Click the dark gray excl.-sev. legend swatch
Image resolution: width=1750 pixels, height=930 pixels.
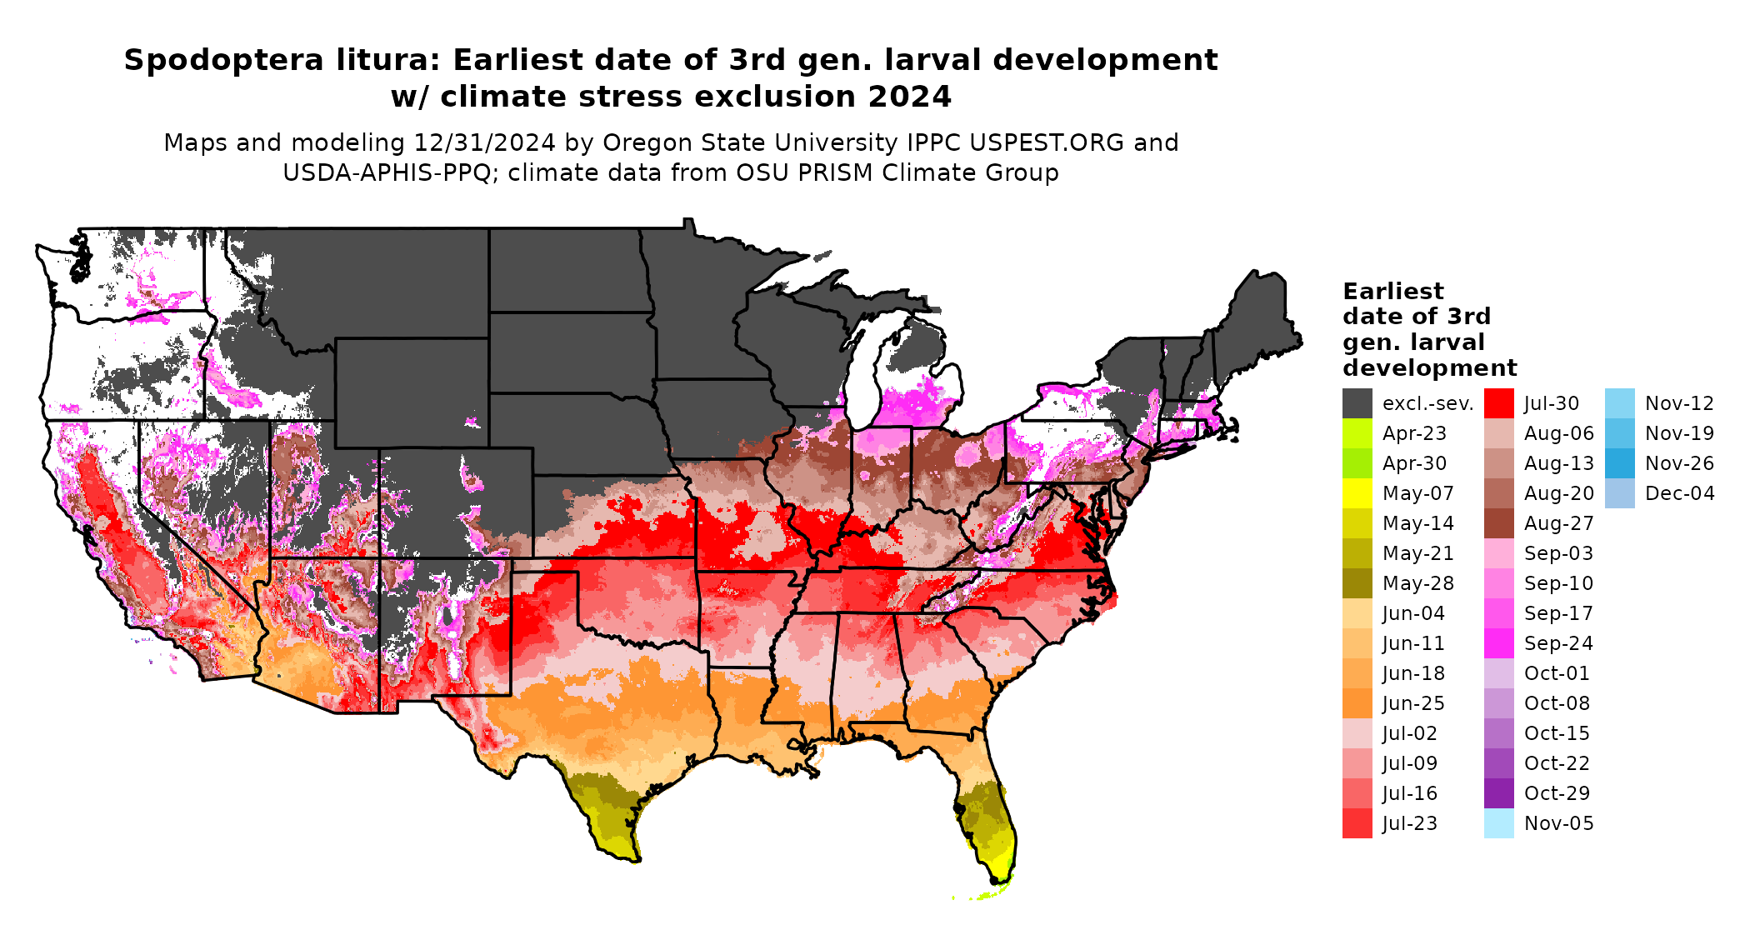point(1357,403)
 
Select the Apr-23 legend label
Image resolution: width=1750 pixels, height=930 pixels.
point(1414,433)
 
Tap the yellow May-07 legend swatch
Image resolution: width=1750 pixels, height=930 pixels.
point(1357,493)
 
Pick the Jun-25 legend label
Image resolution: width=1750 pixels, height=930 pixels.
point(1413,703)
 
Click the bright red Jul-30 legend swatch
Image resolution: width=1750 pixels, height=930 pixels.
point(1498,403)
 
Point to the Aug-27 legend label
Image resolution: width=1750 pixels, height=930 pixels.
point(1558,523)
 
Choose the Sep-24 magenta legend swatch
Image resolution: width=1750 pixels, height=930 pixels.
point(1498,643)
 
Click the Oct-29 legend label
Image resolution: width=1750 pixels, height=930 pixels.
point(1557,793)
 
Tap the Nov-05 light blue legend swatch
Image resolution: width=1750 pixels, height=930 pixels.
point(1498,823)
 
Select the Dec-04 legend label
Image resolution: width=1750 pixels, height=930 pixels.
point(1679,493)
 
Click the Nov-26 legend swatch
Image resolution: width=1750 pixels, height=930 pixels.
point(1619,463)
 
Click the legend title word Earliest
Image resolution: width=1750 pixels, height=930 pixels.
point(1392,292)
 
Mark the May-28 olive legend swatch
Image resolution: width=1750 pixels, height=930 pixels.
point(1357,583)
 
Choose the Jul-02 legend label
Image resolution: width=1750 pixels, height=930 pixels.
point(1409,733)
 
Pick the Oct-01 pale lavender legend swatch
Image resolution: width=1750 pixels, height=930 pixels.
point(1498,673)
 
